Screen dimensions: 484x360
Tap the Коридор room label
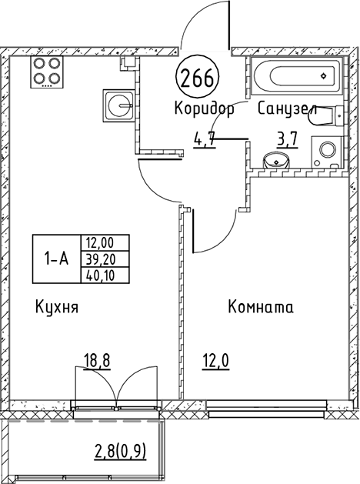pos(205,108)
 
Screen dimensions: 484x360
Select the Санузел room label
pos(288,108)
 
